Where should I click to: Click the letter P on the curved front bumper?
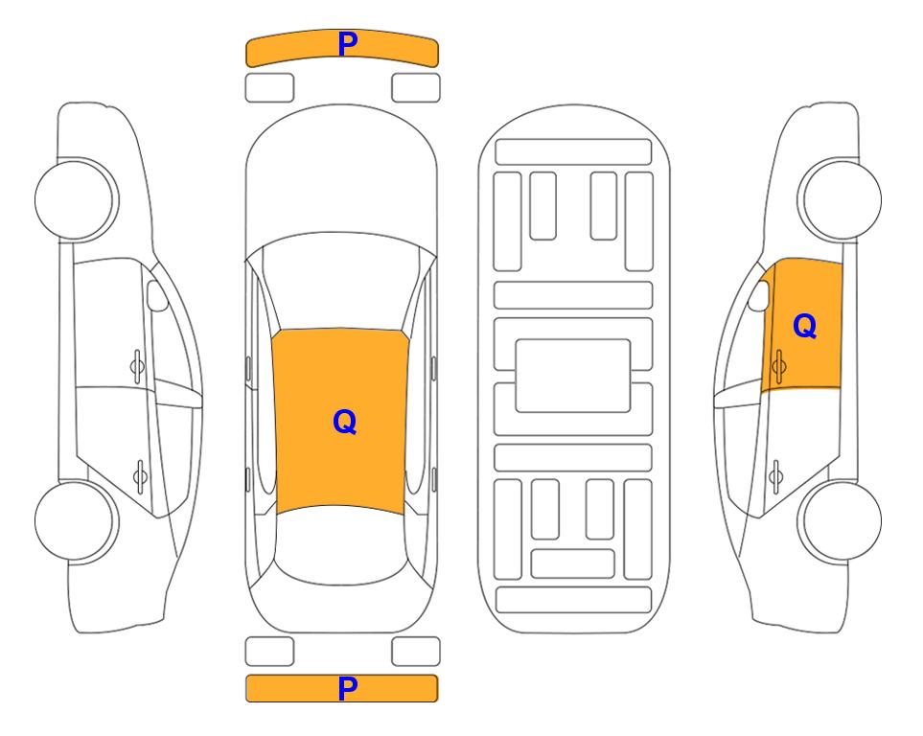click(x=348, y=44)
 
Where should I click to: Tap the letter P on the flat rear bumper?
click(x=348, y=688)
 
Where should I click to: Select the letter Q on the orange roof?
click(x=345, y=422)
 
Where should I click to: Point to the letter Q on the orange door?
click(x=805, y=326)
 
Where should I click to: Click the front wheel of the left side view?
click(x=76, y=199)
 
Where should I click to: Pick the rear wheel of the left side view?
click(x=76, y=520)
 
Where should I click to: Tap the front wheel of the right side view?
click(x=840, y=199)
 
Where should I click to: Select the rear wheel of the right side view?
click(x=840, y=520)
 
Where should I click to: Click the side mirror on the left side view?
click(x=156, y=295)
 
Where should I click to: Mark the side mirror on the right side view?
click(x=759, y=295)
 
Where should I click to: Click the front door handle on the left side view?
click(x=137, y=366)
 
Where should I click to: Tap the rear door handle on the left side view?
click(x=140, y=475)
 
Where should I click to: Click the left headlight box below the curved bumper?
click(x=269, y=88)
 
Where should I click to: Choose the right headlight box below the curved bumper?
click(x=416, y=88)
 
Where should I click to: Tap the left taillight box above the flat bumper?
click(x=269, y=652)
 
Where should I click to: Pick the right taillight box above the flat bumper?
click(x=416, y=652)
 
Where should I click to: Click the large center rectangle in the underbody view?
click(x=573, y=376)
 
